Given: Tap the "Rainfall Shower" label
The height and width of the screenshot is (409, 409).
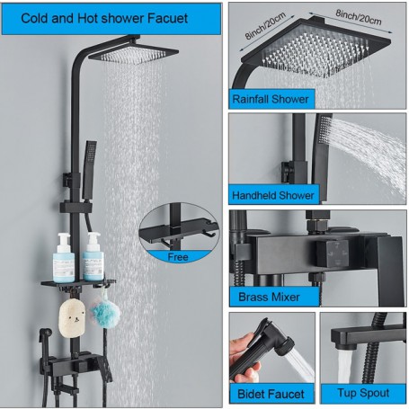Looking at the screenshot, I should (271, 99).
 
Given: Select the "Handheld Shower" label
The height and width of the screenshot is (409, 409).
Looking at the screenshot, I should (273, 194).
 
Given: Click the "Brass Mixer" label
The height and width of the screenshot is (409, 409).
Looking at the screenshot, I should (267, 295).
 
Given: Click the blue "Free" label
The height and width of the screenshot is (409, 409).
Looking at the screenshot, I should (179, 256).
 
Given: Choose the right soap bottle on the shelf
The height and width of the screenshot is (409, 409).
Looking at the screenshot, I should (93, 259).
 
